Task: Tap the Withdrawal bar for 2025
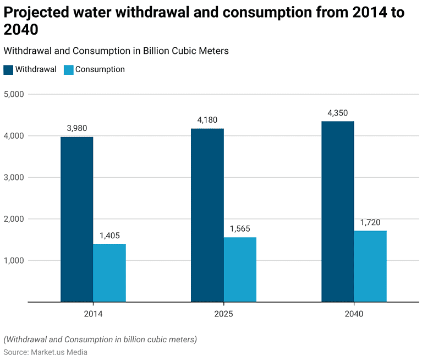point(207,215)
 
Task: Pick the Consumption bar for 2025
point(240,269)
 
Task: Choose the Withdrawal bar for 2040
point(337,211)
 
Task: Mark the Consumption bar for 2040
point(370,266)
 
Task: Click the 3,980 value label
point(77,128)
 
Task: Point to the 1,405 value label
point(109,235)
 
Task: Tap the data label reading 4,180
point(207,119)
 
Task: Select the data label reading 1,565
point(240,228)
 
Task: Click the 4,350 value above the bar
point(337,113)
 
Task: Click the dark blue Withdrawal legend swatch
point(8,70)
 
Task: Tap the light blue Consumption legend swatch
point(68,70)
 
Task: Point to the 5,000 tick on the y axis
point(14,94)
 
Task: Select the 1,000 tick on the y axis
point(14,260)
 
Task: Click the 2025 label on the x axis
point(223,314)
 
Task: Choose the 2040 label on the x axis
point(354,314)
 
